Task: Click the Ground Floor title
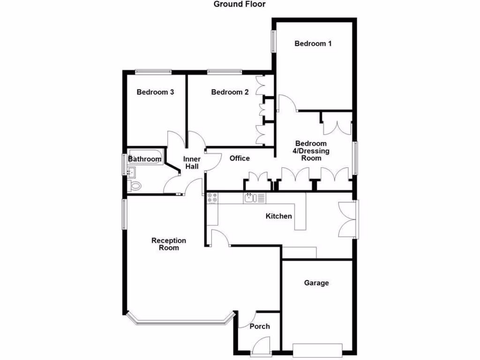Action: click(x=240, y=4)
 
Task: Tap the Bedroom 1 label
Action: click(x=313, y=44)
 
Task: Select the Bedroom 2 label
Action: click(x=230, y=92)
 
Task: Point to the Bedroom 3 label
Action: click(x=155, y=92)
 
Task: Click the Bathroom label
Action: click(x=145, y=159)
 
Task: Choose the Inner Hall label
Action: click(x=192, y=163)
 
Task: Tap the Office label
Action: click(x=240, y=158)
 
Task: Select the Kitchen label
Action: click(x=279, y=216)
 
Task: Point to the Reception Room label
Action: click(x=169, y=244)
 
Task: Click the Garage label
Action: click(x=316, y=283)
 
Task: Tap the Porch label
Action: click(x=259, y=326)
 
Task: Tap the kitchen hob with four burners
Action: click(x=212, y=198)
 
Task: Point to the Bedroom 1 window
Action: click(x=272, y=42)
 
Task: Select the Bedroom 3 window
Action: click(x=153, y=71)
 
